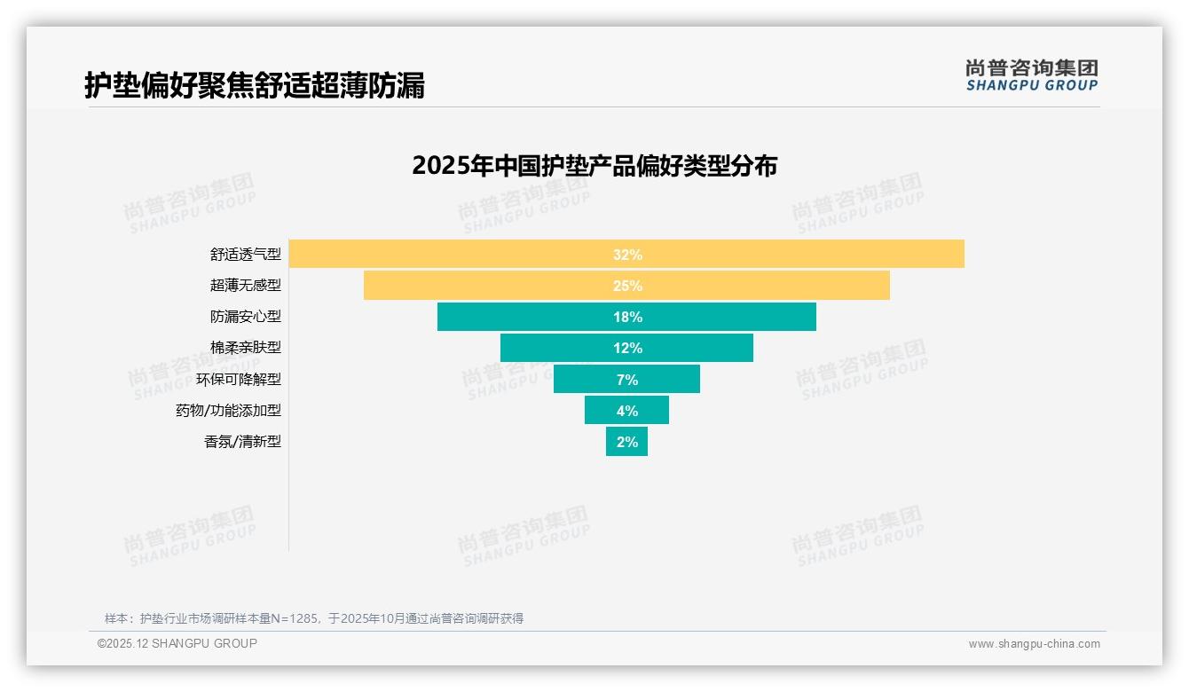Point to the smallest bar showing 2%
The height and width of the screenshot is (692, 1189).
pyautogui.click(x=626, y=441)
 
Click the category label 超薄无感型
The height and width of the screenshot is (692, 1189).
pyautogui.click(x=245, y=286)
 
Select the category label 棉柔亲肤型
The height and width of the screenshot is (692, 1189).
pyautogui.click(x=245, y=348)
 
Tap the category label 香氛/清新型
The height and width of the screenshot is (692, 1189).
pyautogui.click(x=242, y=441)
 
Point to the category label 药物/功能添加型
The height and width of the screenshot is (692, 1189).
pyautogui.click(x=228, y=410)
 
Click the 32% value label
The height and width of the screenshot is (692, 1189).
pyautogui.click(x=626, y=255)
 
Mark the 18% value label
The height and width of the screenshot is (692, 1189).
pyautogui.click(x=626, y=317)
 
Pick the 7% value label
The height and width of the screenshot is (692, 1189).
pyautogui.click(x=626, y=380)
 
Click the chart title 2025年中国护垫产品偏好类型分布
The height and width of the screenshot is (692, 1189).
pyautogui.click(x=594, y=166)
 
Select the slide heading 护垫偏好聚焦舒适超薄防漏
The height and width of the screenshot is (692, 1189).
pyautogui.click(x=255, y=85)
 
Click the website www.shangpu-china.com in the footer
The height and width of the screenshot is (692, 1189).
pyautogui.click(x=1034, y=644)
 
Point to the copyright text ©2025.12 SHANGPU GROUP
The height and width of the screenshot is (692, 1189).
pyautogui.click(x=177, y=643)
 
